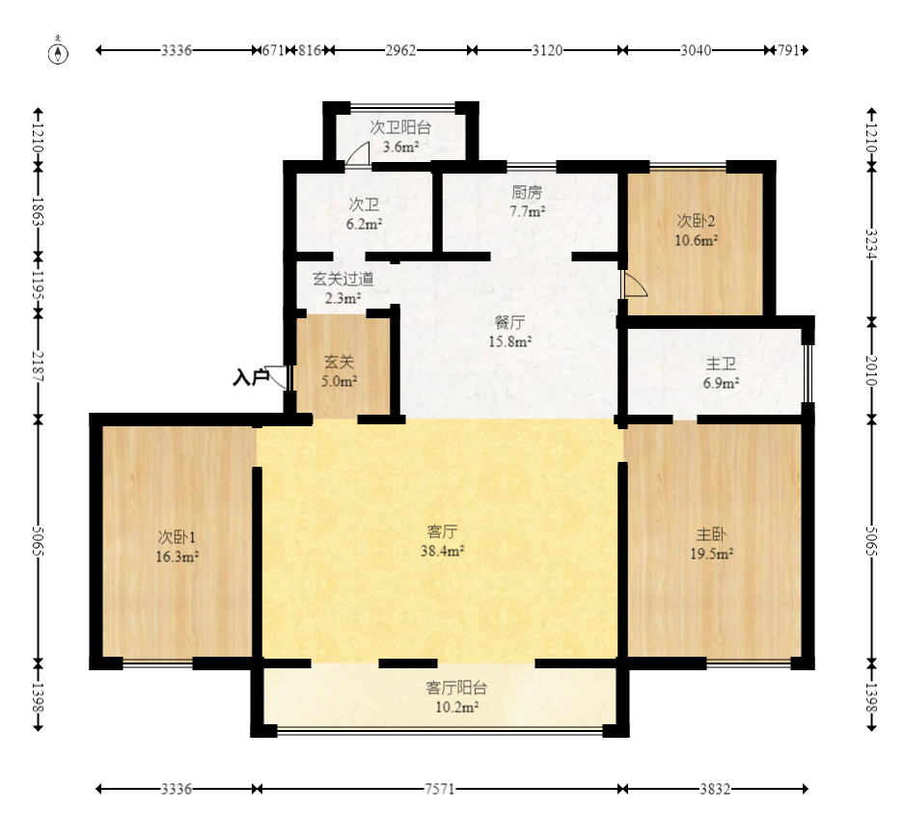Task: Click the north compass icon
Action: [58, 51]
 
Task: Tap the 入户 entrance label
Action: [252, 377]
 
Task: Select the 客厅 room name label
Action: [442, 531]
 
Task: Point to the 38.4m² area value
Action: [442, 551]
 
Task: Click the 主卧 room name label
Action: [711, 534]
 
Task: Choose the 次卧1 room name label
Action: [177, 537]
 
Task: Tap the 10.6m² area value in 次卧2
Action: [697, 240]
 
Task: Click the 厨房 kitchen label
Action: [527, 192]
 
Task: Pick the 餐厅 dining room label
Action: [509, 322]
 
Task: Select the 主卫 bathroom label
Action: [721, 364]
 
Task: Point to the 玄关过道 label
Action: [343, 279]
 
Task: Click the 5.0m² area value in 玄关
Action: [339, 381]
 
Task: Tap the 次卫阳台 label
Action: [400, 127]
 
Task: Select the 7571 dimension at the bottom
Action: [440, 789]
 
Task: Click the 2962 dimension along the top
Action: [400, 51]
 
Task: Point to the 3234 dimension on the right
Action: [872, 244]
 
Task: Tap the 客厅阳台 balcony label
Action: [456, 688]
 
